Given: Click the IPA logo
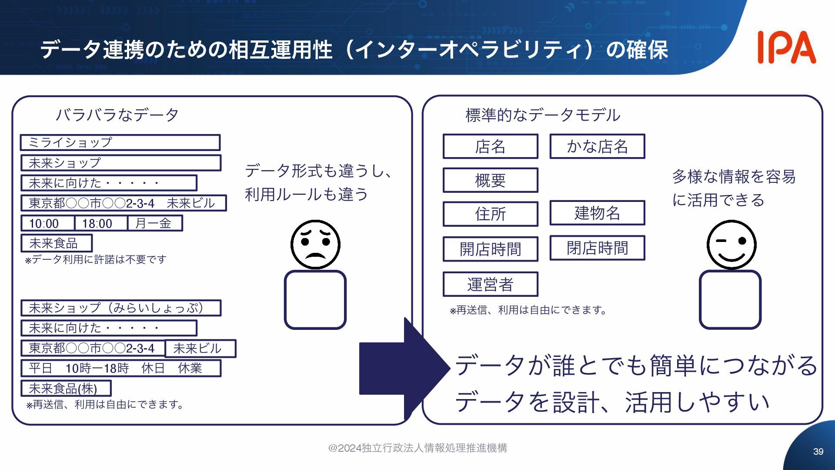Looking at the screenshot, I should [x=786, y=47].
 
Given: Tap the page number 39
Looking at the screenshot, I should [x=818, y=452].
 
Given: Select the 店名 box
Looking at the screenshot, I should [x=490, y=146].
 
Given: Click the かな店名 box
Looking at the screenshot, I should [x=597, y=146].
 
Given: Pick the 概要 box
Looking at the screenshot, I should [x=490, y=180].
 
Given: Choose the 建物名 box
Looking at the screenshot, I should [x=597, y=213].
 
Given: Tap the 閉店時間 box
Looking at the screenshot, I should [x=597, y=248].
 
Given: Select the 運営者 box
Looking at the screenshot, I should [x=490, y=284].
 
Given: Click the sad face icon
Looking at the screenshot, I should [x=315, y=244].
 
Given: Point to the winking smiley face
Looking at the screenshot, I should [x=731, y=244].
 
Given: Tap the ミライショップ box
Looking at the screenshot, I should [x=120, y=142].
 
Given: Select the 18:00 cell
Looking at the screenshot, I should [x=100, y=223].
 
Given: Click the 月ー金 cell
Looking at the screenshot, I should [x=155, y=223].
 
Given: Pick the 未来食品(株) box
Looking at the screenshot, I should [x=66, y=388].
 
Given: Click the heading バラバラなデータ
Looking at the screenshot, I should [x=117, y=115].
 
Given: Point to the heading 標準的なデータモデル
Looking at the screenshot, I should [x=543, y=115].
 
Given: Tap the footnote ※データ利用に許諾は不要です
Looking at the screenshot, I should [x=96, y=260].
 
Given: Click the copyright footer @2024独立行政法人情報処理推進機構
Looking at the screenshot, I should [x=417, y=448].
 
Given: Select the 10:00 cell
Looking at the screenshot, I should [x=47, y=223].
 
